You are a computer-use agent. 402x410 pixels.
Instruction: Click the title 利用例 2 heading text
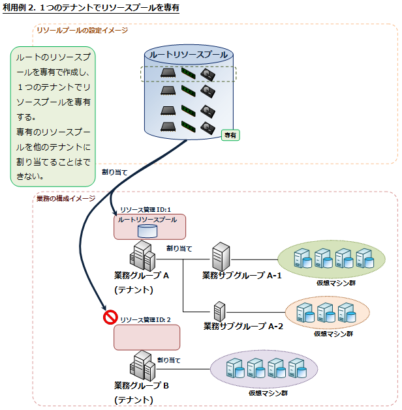(x=91, y=8)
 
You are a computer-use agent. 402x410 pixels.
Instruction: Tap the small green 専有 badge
(x=230, y=135)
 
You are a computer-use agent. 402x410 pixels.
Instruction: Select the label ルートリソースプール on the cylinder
(x=189, y=55)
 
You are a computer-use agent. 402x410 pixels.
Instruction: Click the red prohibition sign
(x=110, y=317)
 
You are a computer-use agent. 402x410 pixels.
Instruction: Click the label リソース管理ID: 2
(x=146, y=319)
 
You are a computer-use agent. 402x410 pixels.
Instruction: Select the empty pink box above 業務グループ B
(x=146, y=338)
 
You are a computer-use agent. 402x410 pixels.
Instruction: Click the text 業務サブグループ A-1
(x=241, y=276)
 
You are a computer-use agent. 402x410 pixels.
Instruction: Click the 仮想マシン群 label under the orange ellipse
(x=333, y=334)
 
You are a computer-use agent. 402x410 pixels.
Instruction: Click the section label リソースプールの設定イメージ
(x=82, y=30)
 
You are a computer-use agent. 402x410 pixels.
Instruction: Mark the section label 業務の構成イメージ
(x=66, y=198)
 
